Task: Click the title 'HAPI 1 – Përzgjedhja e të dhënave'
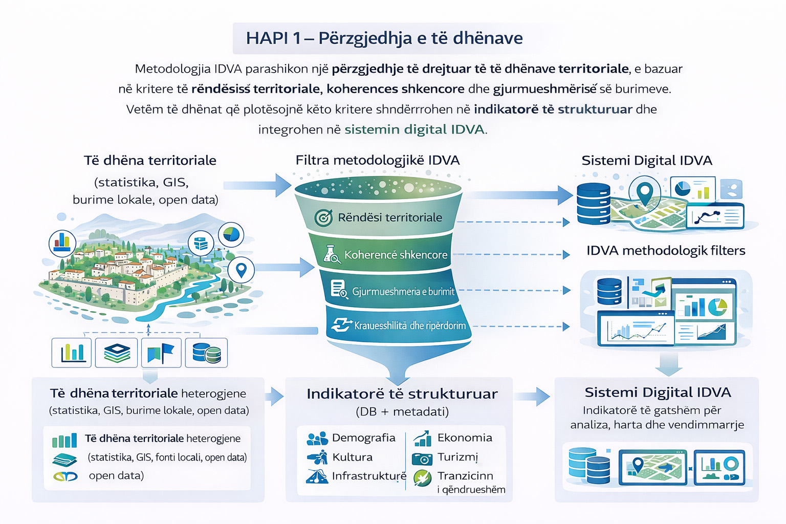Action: click(384, 38)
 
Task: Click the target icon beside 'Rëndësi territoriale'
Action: click(323, 217)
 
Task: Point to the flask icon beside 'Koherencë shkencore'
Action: click(332, 254)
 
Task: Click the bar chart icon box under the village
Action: click(72, 353)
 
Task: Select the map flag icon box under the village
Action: click(161, 353)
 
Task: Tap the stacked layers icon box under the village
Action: click(117, 353)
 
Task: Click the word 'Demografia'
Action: click(363, 438)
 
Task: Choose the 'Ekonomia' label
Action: click(465, 438)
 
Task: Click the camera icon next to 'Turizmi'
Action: click(422, 457)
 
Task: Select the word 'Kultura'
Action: click(352, 457)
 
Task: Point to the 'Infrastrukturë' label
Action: click(369, 476)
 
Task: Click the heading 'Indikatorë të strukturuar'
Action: click(402, 394)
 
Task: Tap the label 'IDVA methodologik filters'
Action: click(666, 250)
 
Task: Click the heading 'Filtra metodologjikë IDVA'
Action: click(378, 160)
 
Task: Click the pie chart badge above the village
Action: click(231, 234)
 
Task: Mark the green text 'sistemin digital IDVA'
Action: click(414, 129)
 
